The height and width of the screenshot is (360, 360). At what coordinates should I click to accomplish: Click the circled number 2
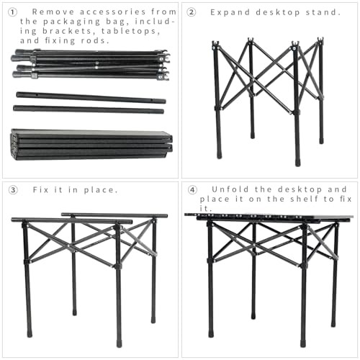tap(192, 12)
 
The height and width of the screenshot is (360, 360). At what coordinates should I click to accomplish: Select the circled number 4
tap(192, 190)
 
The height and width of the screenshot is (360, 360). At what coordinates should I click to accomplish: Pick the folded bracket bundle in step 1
tap(90, 64)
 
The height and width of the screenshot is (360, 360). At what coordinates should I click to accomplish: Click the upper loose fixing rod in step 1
tap(91, 97)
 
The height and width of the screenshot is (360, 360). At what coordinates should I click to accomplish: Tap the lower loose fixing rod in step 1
tap(88, 109)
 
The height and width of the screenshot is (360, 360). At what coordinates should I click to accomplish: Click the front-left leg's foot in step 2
tap(219, 153)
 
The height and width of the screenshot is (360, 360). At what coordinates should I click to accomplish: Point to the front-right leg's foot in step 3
tap(119, 342)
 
